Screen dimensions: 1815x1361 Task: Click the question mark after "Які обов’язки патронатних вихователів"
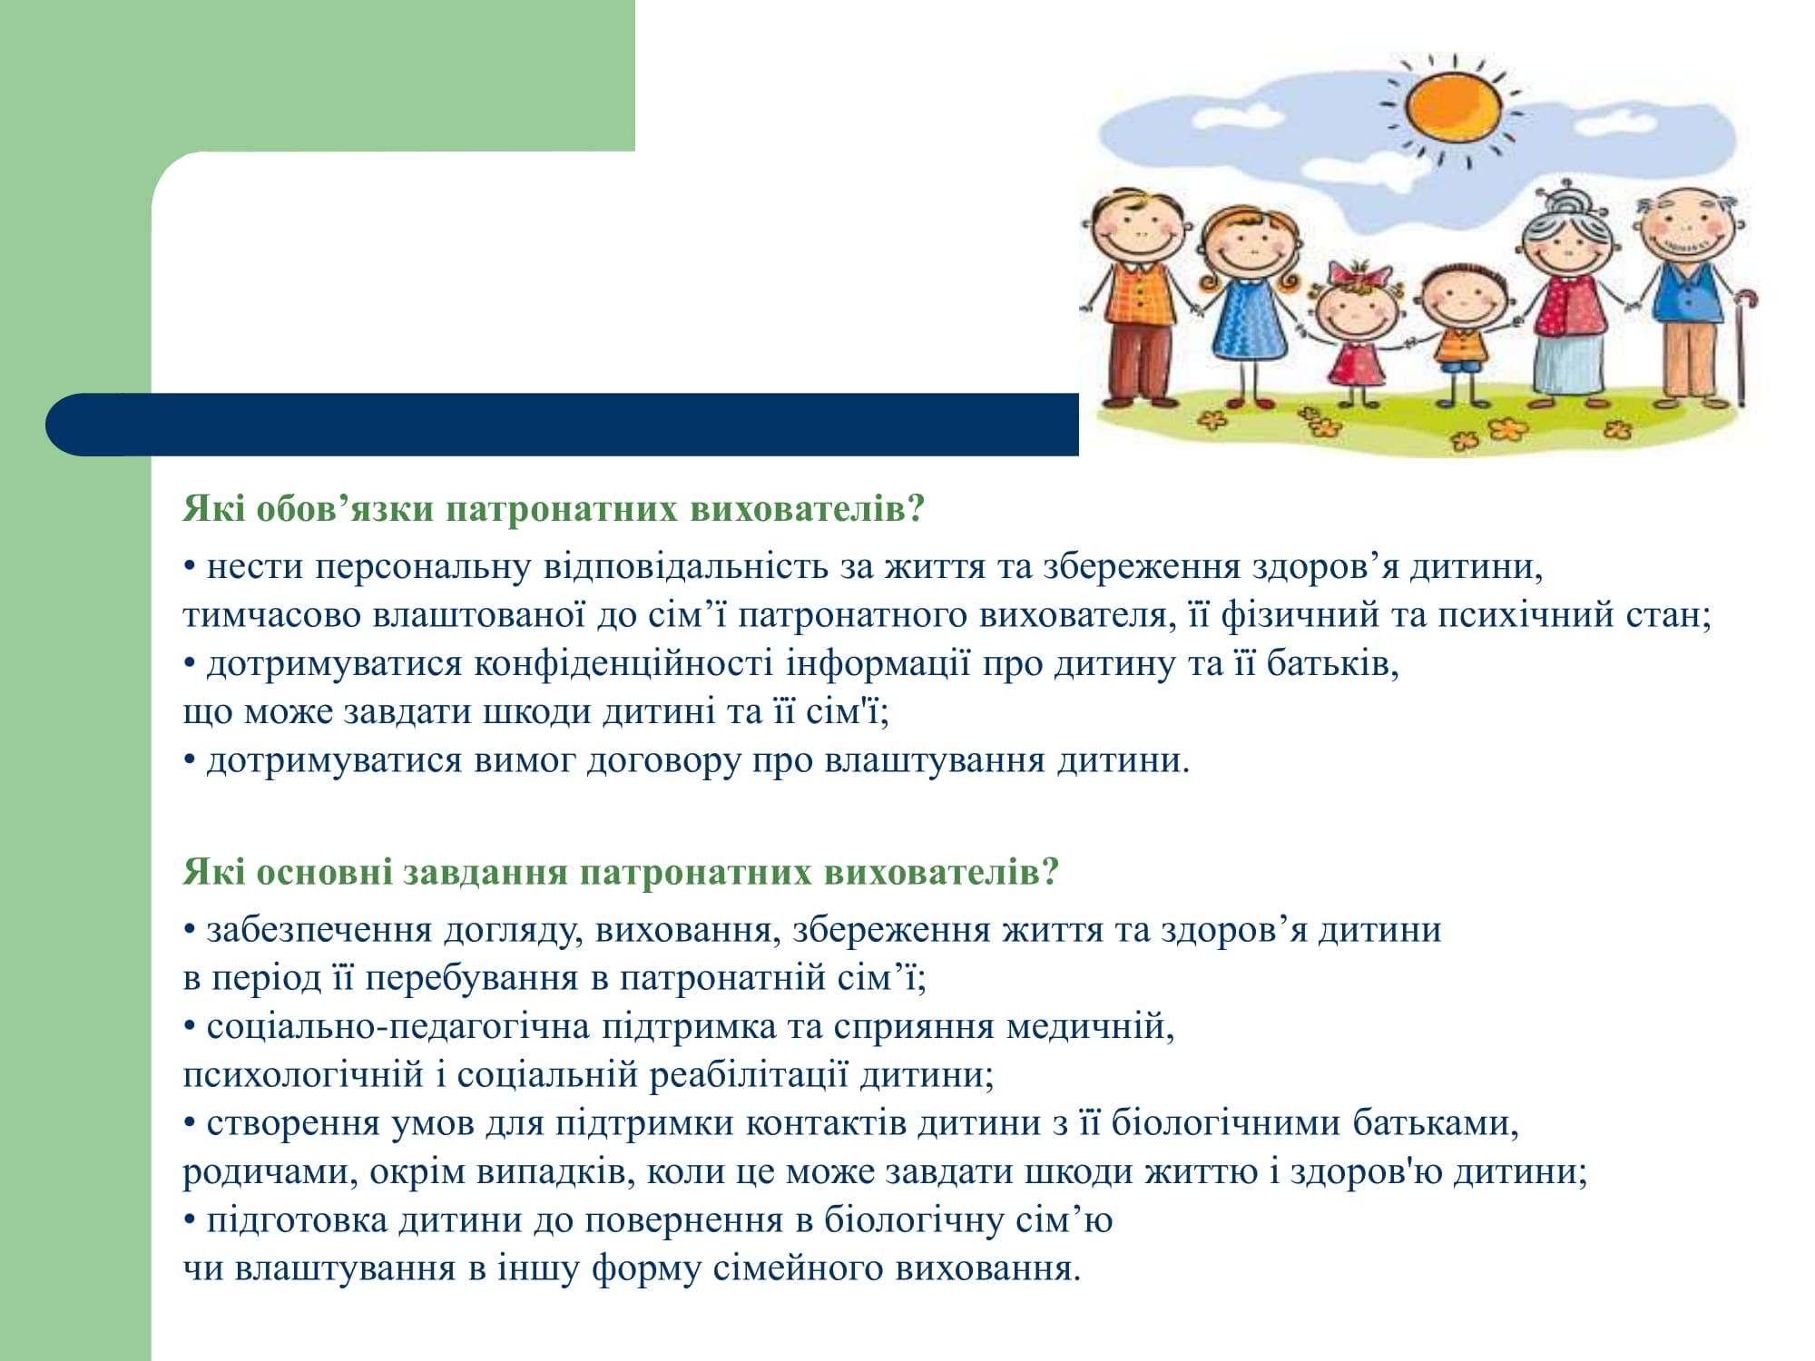(x=915, y=509)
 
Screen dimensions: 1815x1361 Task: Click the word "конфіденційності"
(x=623, y=664)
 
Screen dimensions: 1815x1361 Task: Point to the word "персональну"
(x=423, y=567)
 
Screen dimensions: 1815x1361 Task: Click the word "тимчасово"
(x=272, y=615)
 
